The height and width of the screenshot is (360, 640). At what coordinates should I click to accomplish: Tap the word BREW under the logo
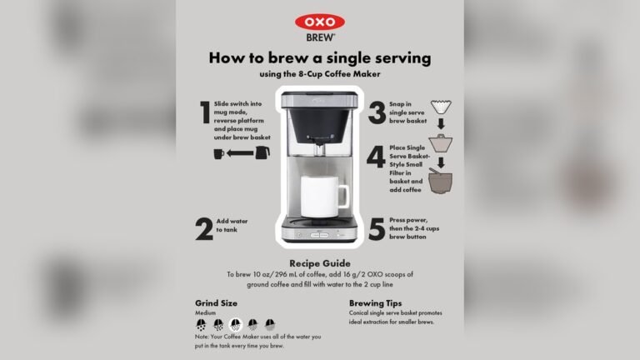click(x=319, y=37)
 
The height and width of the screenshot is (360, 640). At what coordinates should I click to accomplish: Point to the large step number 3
click(x=377, y=112)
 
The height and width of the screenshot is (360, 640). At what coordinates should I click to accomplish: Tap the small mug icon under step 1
click(x=219, y=154)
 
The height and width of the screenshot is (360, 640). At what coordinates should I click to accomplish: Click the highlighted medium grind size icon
click(x=234, y=325)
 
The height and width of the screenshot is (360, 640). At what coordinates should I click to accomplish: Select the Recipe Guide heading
click(x=319, y=262)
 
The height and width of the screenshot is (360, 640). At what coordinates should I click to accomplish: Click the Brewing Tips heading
click(x=375, y=303)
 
